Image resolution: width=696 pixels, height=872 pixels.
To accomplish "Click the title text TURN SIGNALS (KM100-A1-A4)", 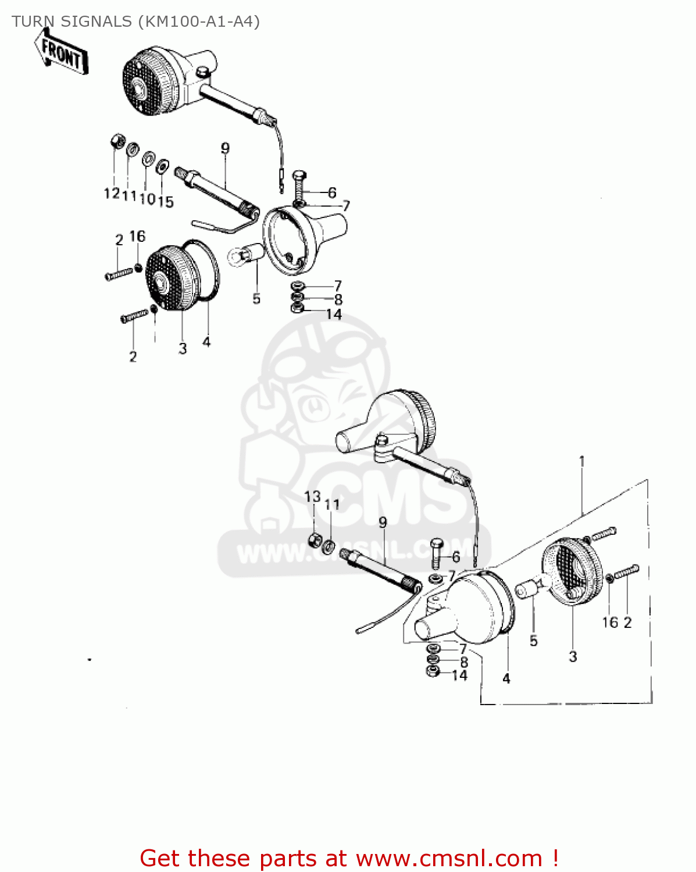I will [x=135, y=22].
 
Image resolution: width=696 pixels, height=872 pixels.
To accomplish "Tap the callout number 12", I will [x=112, y=193].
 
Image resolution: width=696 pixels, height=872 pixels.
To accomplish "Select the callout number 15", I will [x=166, y=202].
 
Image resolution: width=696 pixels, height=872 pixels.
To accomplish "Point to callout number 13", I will [x=313, y=497].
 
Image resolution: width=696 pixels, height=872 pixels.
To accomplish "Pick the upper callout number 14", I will [x=334, y=315].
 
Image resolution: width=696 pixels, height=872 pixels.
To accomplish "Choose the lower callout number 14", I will [x=459, y=676].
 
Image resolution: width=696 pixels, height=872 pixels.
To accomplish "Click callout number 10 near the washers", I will [x=148, y=199].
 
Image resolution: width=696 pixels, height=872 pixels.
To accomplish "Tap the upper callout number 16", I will [x=137, y=236].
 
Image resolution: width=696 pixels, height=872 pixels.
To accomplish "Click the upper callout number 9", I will [x=225, y=148].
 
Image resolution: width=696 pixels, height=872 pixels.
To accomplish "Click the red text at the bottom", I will [x=349, y=858].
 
